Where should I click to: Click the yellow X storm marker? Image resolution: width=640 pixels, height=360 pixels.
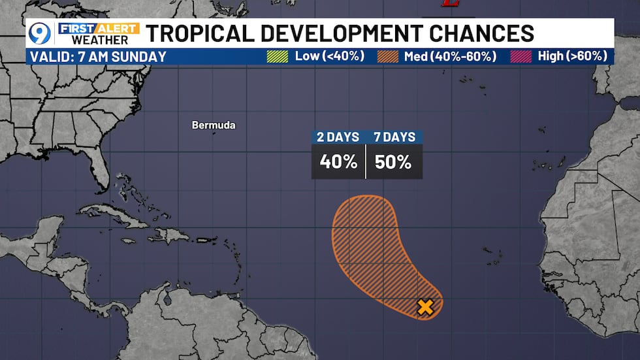coord(425,307)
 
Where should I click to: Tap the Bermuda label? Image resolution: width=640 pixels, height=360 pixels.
coord(214,125)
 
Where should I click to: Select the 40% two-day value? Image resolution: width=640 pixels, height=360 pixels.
coord(338,162)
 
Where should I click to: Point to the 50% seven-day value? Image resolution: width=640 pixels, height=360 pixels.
coord(393,162)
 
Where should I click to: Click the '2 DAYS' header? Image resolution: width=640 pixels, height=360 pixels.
coord(338,137)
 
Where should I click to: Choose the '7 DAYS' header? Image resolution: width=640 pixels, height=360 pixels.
coord(394,137)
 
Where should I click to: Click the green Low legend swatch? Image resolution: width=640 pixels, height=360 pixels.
coord(277,56)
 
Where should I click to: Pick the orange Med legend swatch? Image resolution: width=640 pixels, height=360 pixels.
coord(387,56)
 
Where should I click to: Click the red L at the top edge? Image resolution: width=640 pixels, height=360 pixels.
coord(449,4)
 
